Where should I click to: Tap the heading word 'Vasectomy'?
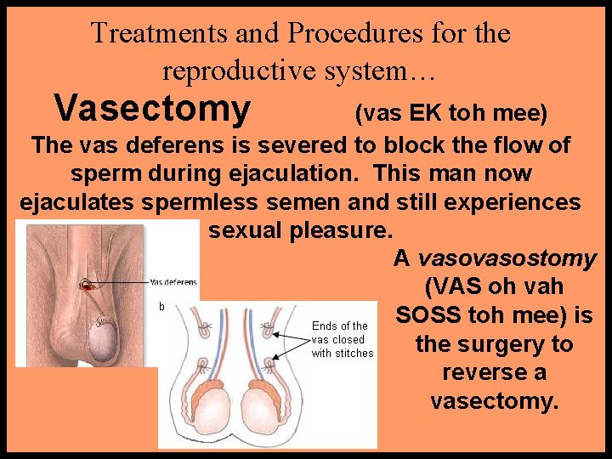point(152,109)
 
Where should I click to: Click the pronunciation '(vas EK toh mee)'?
point(450,113)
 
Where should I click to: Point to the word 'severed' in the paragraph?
point(286,145)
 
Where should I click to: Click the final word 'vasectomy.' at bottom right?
point(495,400)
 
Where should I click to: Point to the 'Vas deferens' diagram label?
point(173,282)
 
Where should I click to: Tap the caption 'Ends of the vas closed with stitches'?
point(342,339)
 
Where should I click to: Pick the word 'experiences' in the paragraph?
point(519,202)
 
